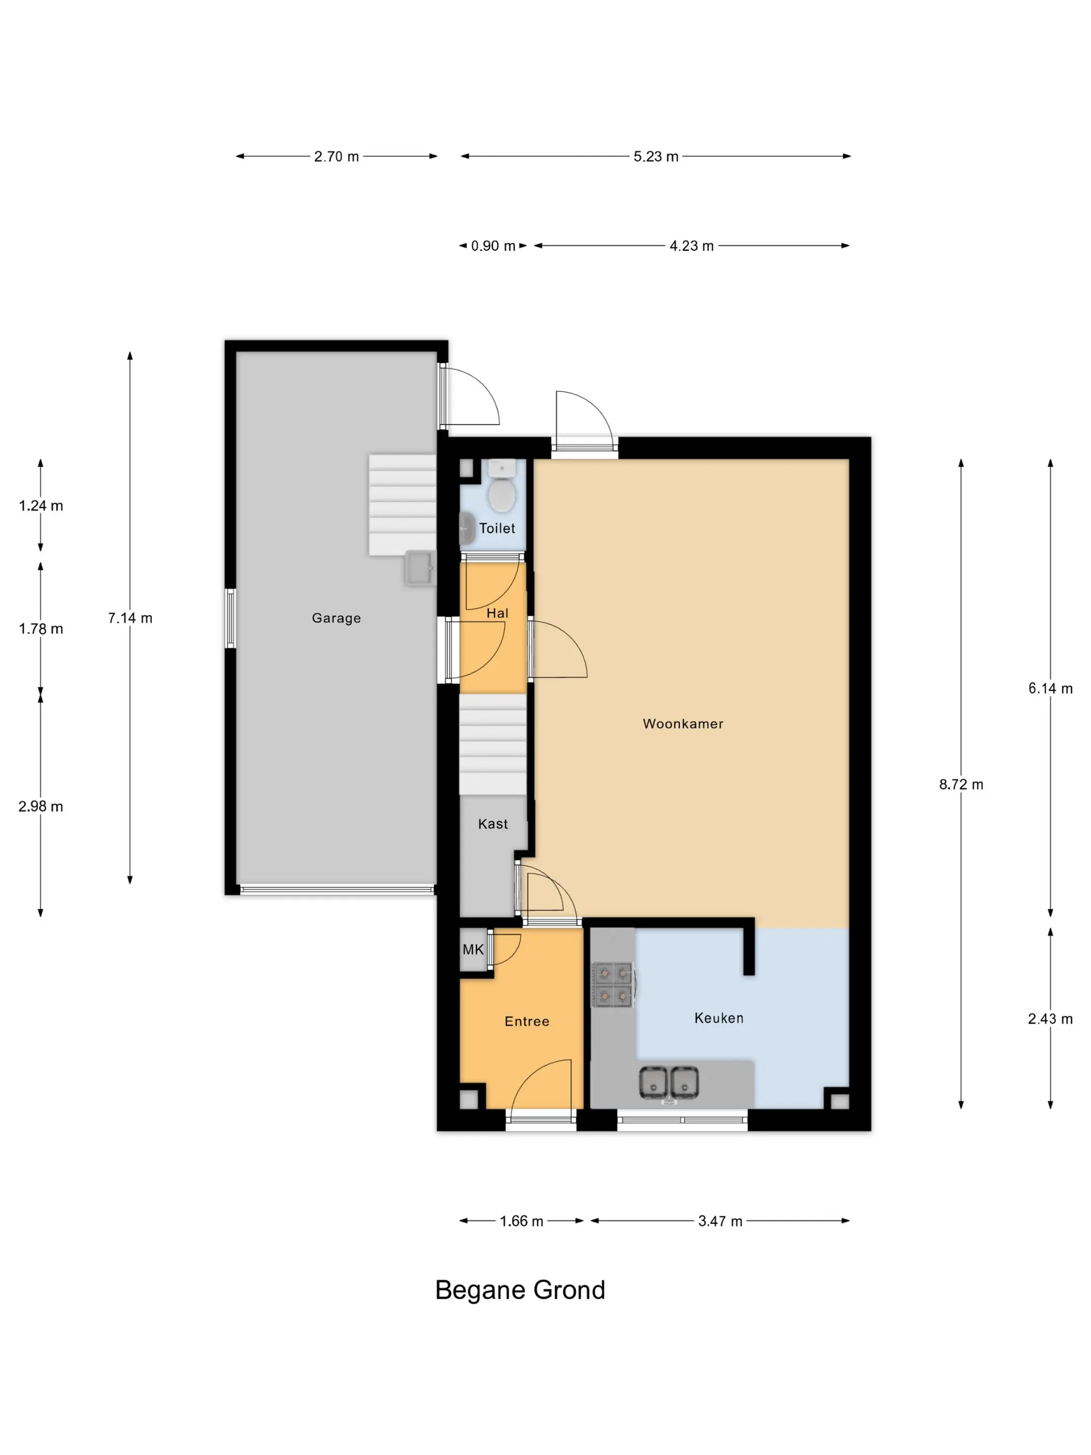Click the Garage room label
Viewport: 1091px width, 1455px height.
336,618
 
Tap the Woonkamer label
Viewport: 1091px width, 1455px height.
683,723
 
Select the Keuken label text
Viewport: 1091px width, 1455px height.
719,1017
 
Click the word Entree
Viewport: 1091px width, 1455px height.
527,1021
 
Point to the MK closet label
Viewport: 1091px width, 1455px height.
473,949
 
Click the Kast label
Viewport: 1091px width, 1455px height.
493,824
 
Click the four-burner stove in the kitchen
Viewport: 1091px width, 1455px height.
613,985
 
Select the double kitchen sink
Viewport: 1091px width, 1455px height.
669,1083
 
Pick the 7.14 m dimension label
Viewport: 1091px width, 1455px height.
130,618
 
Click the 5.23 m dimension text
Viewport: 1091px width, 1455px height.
656,156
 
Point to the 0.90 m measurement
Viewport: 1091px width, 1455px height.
493,246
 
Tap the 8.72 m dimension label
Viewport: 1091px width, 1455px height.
961,784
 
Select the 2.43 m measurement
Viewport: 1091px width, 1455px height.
1050,1019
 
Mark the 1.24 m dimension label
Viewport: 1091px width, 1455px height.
41,506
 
